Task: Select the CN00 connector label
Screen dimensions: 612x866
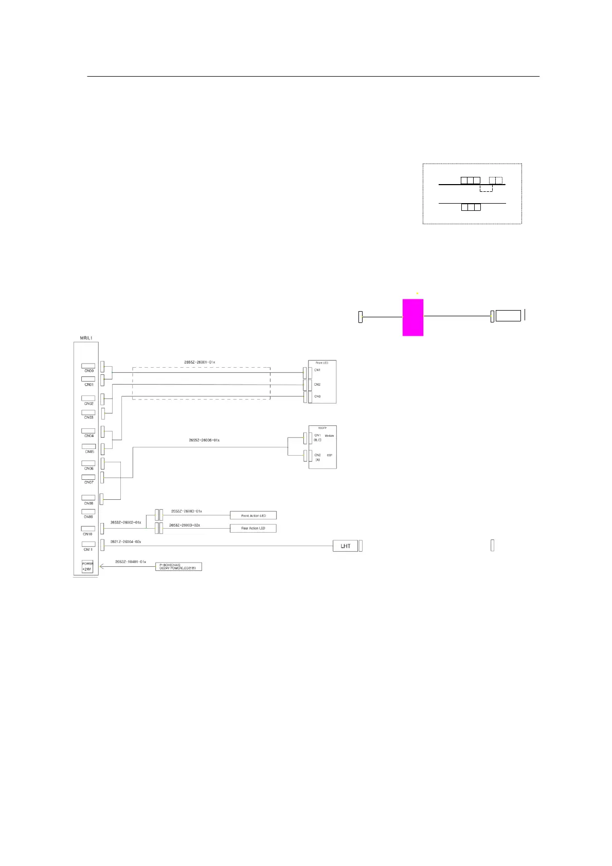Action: (88, 370)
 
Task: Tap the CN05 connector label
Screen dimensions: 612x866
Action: (89, 452)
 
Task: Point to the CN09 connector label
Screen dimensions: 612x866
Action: (88, 516)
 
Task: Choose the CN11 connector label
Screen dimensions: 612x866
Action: (88, 549)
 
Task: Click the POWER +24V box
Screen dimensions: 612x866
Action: (87, 566)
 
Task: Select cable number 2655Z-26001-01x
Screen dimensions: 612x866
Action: (200, 362)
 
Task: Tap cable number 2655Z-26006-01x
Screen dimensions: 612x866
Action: (204, 440)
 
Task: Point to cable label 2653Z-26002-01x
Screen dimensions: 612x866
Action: (125, 522)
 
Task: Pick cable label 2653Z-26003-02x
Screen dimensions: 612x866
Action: (185, 525)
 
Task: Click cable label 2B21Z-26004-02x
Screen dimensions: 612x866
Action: (125, 542)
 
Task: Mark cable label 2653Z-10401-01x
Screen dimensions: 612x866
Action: (131, 562)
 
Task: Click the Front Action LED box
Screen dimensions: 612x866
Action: (253, 515)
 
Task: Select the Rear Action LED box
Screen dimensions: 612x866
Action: (253, 528)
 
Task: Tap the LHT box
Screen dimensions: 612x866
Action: (345, 546)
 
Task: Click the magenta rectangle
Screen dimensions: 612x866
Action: (412, 317)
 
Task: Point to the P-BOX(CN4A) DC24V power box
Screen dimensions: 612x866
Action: (178, 566)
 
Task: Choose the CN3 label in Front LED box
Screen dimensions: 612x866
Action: (317, 396)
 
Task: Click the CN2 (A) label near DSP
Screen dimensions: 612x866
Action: (317, 457)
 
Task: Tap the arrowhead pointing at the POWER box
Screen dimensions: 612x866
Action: (102, 566)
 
